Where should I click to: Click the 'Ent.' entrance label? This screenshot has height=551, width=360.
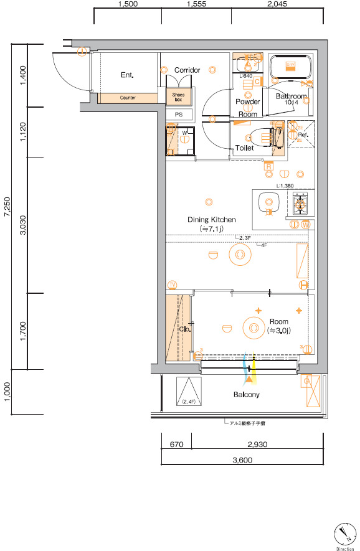128,75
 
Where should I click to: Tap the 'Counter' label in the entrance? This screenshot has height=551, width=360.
128,98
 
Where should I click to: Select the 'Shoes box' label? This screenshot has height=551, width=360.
179,97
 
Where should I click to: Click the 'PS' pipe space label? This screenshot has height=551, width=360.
179,115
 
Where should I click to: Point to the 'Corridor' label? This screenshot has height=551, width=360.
187,70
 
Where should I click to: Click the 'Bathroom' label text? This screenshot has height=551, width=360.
292,97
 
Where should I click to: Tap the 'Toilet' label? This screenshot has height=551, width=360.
244,148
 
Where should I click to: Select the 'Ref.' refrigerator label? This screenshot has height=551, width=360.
303,134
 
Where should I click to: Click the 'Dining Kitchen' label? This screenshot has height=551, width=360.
212,220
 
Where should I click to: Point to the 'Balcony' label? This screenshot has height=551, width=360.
247,395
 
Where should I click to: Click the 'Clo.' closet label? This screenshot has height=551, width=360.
184,329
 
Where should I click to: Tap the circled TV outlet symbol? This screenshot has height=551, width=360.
173,285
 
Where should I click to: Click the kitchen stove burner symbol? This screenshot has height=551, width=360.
300,201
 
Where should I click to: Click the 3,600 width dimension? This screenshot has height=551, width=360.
242,461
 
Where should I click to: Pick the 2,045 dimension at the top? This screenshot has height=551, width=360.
277,4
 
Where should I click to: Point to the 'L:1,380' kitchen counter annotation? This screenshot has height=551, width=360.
285,186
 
